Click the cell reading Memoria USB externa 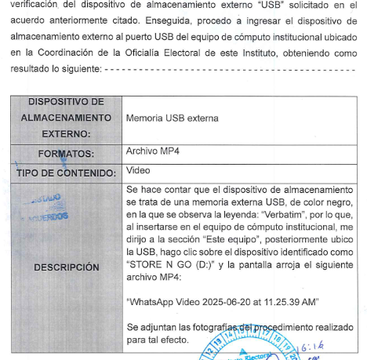tap(172, 118)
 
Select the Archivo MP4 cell tap(153, 151)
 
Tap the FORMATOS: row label tap(66, 153)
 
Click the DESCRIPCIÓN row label tap(66, 267)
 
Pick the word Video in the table tap(138, 170)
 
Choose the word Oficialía tap(162, 53)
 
